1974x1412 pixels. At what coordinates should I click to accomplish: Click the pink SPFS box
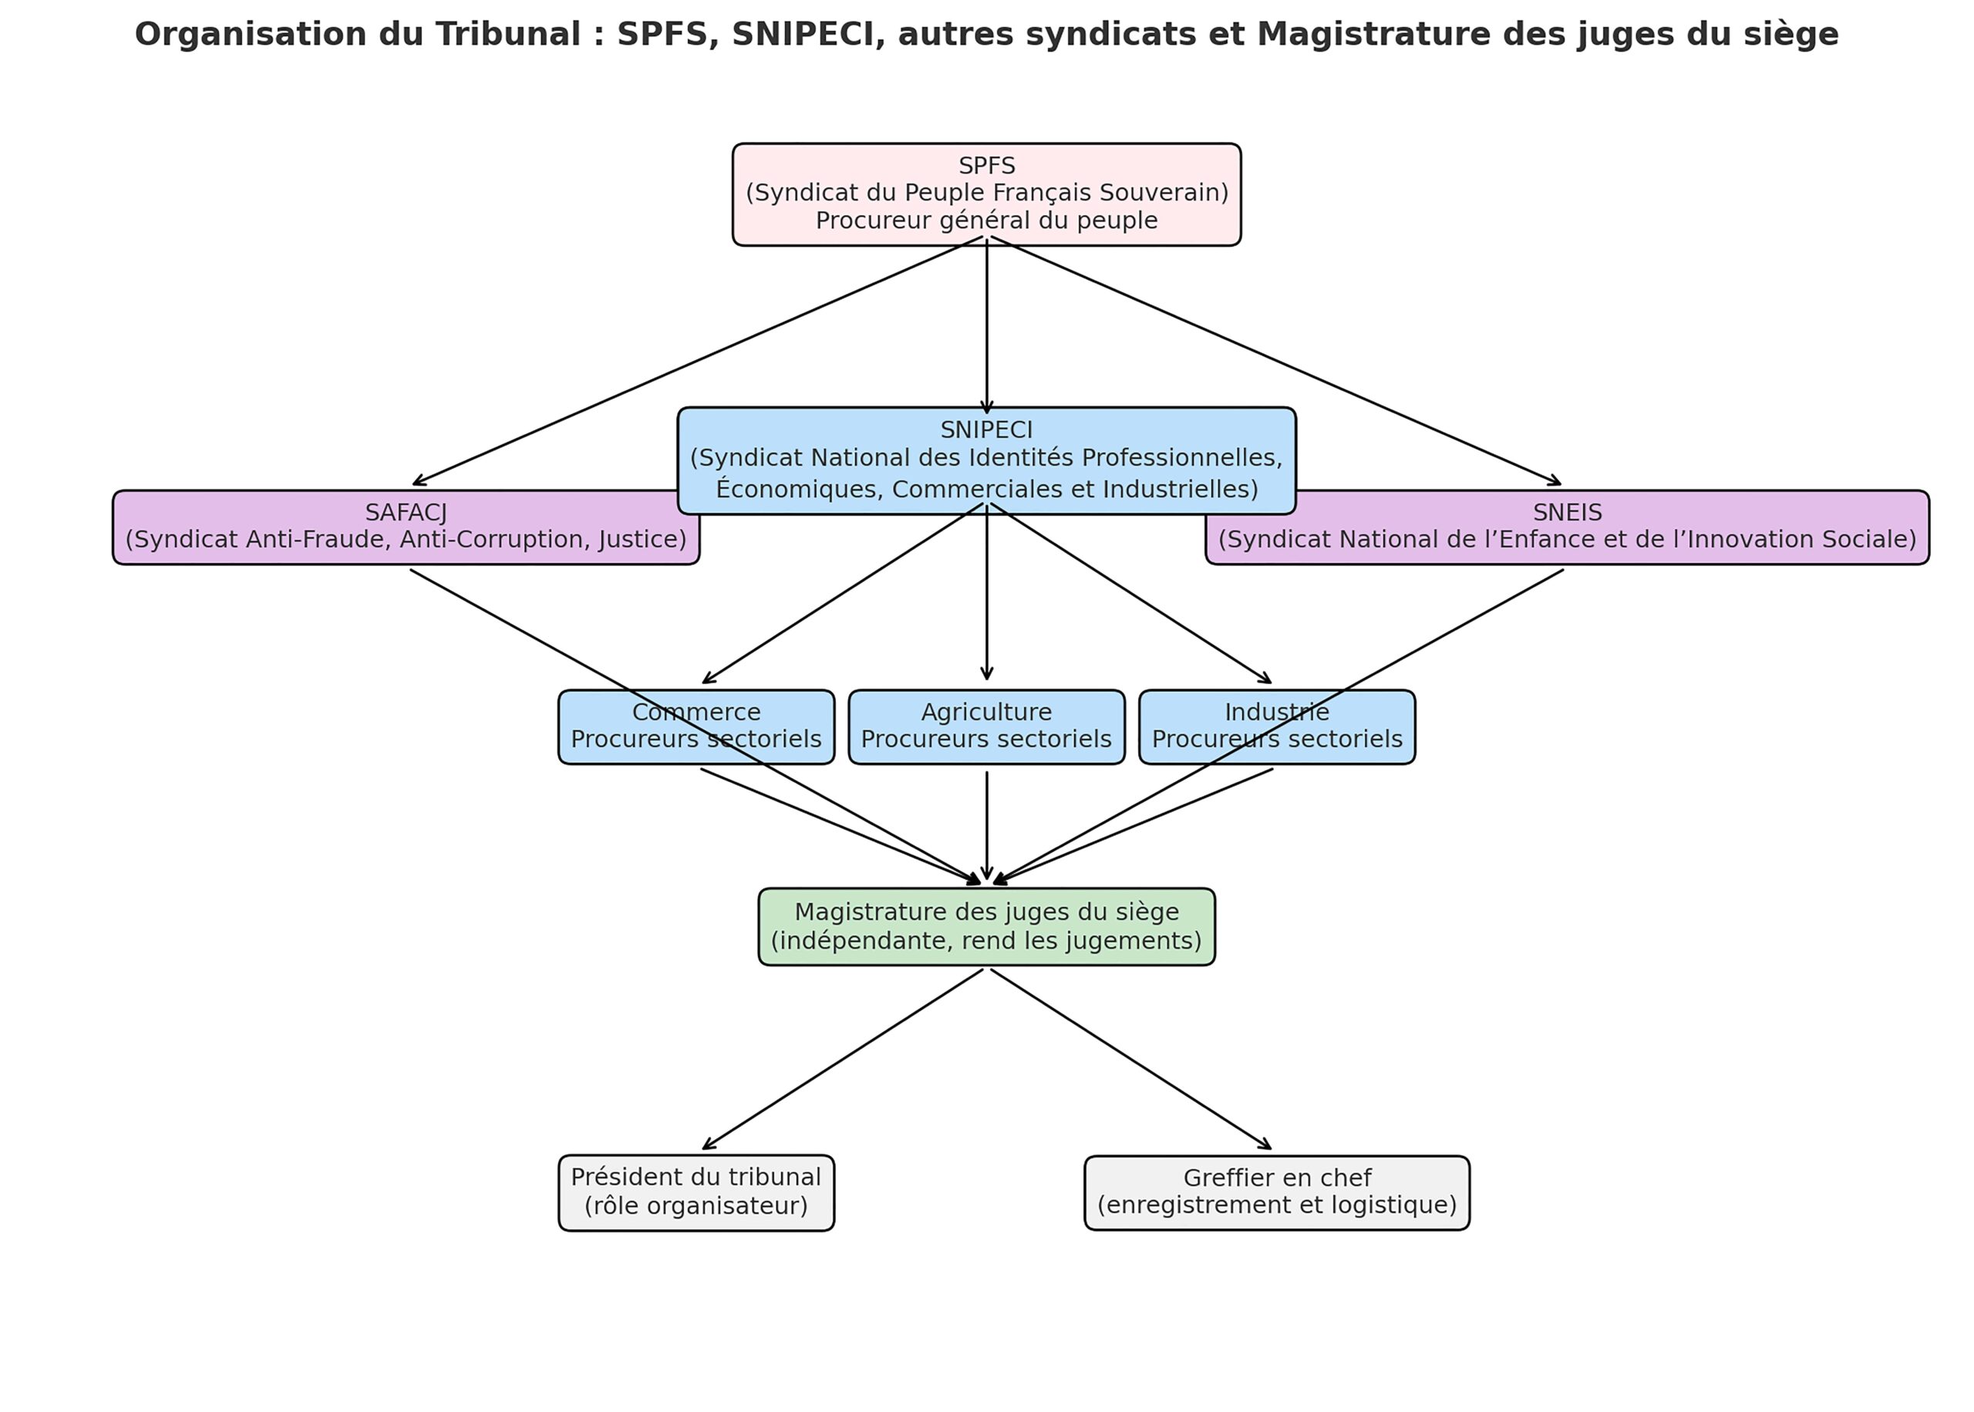[x=985, y=193]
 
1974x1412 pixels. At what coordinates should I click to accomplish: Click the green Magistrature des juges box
[x=985, y=926]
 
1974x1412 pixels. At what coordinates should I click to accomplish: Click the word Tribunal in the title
[x=507, y=35]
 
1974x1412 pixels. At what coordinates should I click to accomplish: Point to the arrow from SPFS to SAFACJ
[x=696, y=362]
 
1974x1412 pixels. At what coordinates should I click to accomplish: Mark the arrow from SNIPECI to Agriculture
[x=985, y=600]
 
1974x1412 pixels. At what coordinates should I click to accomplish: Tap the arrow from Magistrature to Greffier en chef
[x=1130, y=1059]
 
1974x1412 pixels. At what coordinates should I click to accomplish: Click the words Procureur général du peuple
[x=985, y=221]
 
